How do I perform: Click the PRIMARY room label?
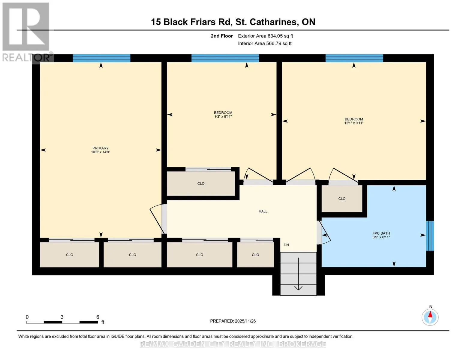click(100, 148)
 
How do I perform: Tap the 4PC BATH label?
click(381, 233)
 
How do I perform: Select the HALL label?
click(263, 211)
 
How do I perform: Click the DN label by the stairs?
click(286, 245)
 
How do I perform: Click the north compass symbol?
click(430, 317)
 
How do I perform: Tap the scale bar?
click(62, 322)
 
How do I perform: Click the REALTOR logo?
click(26, 32)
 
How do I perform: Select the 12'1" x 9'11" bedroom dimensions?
click(354, 123)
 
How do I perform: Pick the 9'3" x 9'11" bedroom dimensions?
click(223, 117)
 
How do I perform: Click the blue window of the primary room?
click(101, 58)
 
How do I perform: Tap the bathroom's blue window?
click(430, 236)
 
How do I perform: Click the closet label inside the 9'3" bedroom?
click(201, 184)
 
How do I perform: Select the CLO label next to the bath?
click(341, 199)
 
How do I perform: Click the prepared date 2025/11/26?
click(245, 321)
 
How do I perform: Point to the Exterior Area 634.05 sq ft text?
click(265, 36)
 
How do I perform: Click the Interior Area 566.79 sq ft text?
click(265, 43)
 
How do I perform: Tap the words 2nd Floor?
click(221, 36)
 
